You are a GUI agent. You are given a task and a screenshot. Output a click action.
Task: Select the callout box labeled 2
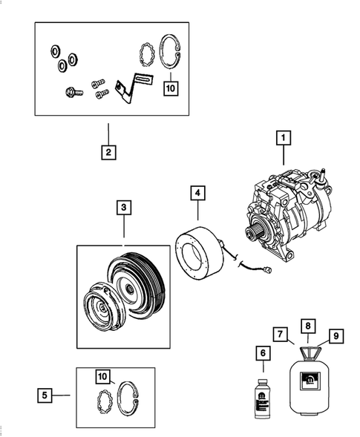coord(108,154)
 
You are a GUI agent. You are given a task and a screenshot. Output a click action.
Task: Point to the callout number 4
coord(197,194)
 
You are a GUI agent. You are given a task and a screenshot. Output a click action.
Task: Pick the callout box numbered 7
coord(281,335)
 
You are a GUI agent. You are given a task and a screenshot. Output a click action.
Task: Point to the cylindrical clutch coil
coord(198,256)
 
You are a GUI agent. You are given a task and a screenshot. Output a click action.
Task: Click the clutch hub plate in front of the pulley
coord(98,308)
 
